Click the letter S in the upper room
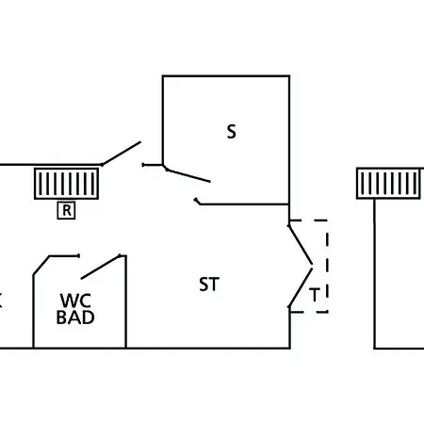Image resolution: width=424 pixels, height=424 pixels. (x=231, y=132)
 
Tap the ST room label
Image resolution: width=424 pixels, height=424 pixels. (x=209, y=285)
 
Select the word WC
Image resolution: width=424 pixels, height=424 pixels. (x=75, y=301)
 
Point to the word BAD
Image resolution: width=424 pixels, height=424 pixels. (x=75, y=318)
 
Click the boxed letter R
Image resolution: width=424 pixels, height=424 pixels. (x=66, y=210)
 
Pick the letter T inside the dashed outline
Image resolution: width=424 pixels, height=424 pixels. (x=315, y=295)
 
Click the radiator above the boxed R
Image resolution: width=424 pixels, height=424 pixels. (x=66, y=184)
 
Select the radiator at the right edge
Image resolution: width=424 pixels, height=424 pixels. (x=388, y=184)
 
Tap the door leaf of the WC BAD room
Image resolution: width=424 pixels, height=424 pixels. (x=101, y=267)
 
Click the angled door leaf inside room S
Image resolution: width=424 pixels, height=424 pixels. (x=188, y=175)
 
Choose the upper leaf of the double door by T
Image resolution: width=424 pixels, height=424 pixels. (x=301, y=245)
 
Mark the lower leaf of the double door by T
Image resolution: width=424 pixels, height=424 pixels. (x=301, y=287)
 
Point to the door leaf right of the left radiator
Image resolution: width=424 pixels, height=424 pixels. (x=122, y=154)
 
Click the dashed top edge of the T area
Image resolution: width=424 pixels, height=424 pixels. (x=309, y=220)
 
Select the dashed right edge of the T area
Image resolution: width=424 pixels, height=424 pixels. (x=327, y=267)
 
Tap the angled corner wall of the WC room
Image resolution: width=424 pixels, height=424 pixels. (x=41, y=266)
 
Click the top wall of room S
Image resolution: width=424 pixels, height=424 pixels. (x=226, y=76)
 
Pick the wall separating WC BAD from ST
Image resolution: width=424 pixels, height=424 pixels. (x=125, y=302)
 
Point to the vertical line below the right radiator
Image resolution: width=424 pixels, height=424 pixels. (x=374, y=273)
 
